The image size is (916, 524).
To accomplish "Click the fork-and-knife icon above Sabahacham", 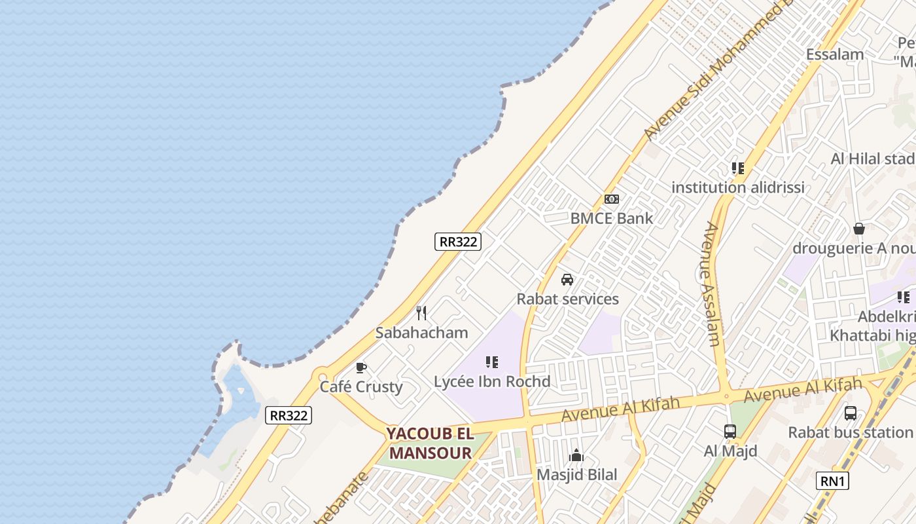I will point(421,313).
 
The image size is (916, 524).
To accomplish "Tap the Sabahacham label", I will point(421,332).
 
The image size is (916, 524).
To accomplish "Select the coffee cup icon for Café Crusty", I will point(361,368).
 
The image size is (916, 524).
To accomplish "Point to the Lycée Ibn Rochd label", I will point(492,381).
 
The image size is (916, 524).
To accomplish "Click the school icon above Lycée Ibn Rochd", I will point(492,362).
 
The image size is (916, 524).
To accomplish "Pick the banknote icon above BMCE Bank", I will point(611,199).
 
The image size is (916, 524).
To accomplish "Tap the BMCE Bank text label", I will point(611,218).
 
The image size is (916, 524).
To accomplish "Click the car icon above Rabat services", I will point(567,280).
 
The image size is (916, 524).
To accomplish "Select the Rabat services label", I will point(567,299).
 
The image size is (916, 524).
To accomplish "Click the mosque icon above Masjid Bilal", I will point(576,455).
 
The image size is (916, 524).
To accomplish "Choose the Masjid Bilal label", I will point(576,474).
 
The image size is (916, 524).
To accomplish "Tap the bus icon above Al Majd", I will point(730,432).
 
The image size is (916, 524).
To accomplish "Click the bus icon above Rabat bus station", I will point(850,413).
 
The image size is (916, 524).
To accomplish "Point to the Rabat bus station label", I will point(850,432).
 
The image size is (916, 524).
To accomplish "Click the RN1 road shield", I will point(833,481).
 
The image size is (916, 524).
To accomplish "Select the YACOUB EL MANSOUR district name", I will point(429,443).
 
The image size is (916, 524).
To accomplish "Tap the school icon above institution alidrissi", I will point(737,168).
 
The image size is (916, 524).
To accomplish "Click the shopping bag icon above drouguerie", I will point(858,229).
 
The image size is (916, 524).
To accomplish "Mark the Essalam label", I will point(834,54).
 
